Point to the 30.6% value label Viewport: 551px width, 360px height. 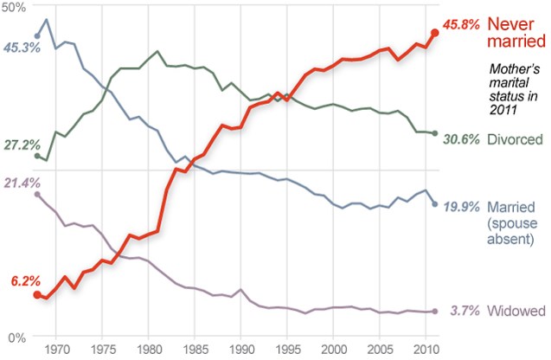(462, 139)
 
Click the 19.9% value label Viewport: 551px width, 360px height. (462, 207)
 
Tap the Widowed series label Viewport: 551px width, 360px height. (516, 312)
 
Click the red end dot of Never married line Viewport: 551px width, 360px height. (434, 33)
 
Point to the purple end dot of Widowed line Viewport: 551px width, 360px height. (434, 312)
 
